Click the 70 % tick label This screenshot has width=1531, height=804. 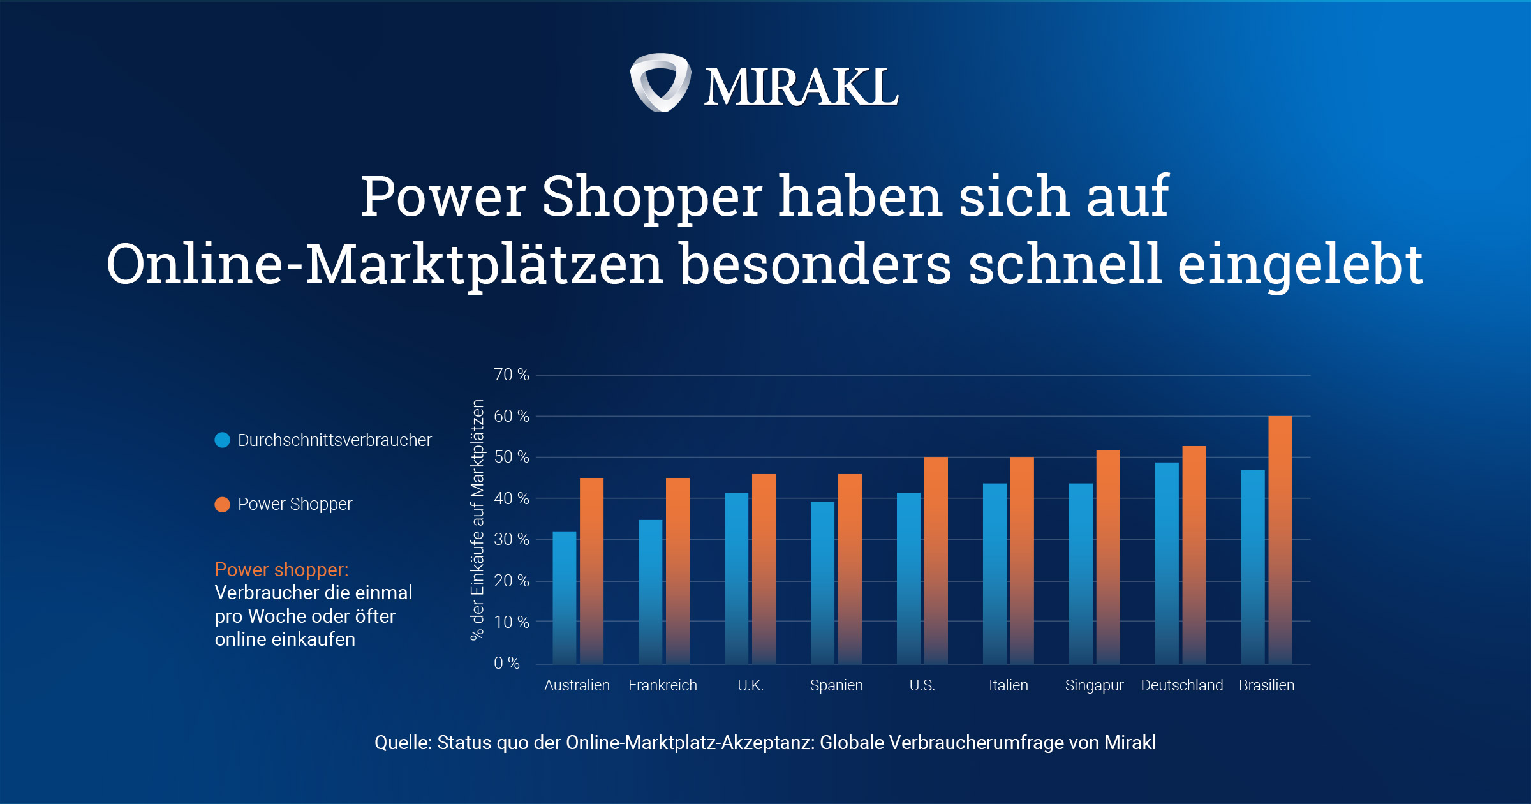(x=511, y=375)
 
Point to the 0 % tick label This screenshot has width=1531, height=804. (x=507, y=663)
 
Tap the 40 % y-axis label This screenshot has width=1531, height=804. (x=511, y=498)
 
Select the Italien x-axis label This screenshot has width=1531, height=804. (x=1008, y=685)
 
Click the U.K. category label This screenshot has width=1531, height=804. (x=750, y=685)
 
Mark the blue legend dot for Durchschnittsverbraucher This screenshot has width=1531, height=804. (x=222, y=440)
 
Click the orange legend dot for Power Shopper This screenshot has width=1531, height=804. (x=222, y=505)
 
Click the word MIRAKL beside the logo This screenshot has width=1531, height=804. (x=801, y=87)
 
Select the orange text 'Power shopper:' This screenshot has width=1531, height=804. (x=281, y=569)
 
